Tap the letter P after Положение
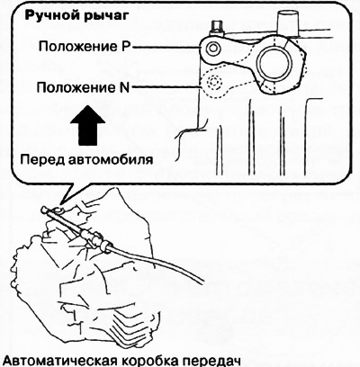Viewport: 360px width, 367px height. [128, 47]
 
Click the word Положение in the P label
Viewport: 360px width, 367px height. [79, 48]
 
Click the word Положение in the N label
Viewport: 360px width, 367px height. [76, 88]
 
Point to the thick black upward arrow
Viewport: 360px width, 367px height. [87, 125]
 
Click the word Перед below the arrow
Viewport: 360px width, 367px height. [42, 159]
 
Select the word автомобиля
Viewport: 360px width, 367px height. [111, 159]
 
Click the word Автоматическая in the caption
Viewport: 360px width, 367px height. [58, 361]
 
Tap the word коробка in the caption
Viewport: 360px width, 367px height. [150, 361]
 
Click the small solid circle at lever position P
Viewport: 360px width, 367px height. [213, 48]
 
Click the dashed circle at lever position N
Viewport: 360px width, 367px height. [213, 82]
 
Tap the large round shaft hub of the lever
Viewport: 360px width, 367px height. [275, 62]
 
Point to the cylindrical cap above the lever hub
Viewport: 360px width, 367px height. [288, 22]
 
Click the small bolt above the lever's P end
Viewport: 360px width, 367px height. [216, 28]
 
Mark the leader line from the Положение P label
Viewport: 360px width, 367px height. [167, 47]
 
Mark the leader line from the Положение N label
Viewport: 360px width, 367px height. [166, 87]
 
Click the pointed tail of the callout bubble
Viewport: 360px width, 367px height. [61, 201]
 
